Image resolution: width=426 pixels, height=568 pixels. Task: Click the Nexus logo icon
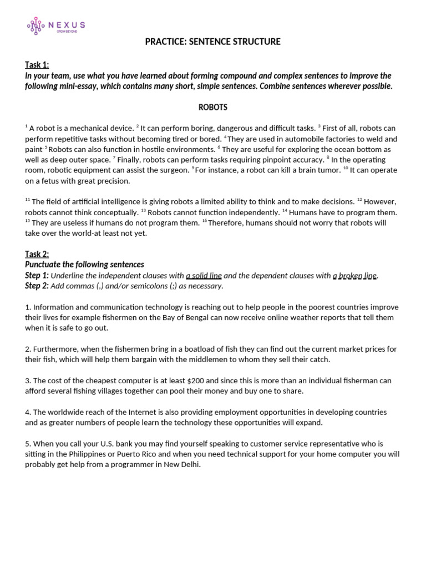(36, 26)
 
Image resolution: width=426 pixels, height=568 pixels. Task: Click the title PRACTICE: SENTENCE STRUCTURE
(212, 42)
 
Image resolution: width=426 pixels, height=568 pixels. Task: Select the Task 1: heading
(37, 65)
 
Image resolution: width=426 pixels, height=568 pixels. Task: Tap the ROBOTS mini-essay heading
(213, 107)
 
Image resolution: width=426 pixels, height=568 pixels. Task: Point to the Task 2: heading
(37, 254)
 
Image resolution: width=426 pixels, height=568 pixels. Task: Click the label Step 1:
(37, 275)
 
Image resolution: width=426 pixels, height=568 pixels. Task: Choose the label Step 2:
(37, 286)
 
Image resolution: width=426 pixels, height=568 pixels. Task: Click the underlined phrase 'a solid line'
(204, 276)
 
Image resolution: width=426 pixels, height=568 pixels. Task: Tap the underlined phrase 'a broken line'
(355, 276)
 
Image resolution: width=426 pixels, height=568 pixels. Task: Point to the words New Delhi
(184, 465)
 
